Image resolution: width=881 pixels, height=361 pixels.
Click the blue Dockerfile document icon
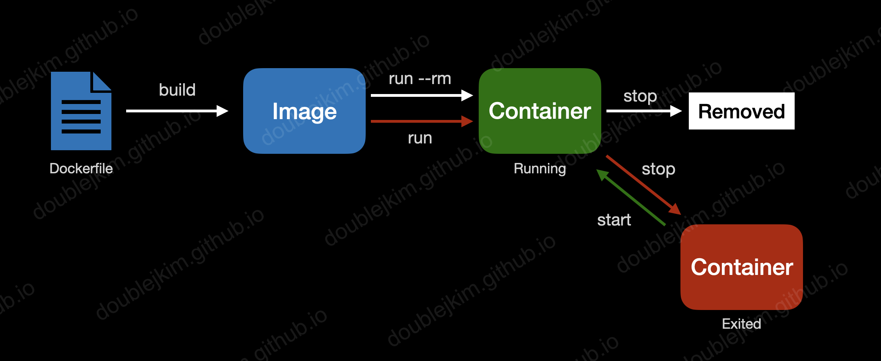(81, 111)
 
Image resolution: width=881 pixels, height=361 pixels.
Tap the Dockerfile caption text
(81, 169)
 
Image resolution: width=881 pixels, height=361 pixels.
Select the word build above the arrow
(177, 90)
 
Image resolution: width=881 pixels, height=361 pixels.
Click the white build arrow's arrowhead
(222, 111)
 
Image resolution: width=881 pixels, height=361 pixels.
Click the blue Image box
(304, 111)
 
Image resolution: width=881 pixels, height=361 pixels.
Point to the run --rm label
(420, 79)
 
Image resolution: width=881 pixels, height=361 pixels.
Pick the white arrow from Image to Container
(418, 96)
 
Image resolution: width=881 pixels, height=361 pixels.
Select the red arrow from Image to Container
(418, 121)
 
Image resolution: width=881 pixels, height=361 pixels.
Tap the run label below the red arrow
(420, 138)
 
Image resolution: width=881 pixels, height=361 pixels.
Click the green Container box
(540, 111)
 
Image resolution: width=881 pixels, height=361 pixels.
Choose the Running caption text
(540, 169)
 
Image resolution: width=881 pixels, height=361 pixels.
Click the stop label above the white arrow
(640, 96)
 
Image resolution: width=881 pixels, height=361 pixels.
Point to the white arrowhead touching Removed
(676, 111)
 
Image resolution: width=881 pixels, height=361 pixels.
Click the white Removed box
(741, 111)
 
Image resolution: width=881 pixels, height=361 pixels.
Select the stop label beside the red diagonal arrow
(658, 169)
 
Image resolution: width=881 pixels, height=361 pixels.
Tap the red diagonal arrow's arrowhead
(675, 209)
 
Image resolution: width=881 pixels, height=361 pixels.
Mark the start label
(614, 220)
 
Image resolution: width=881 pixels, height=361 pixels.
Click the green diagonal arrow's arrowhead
(602, 175)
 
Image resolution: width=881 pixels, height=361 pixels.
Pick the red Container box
(741, 267)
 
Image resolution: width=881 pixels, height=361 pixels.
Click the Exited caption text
(741, 324)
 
